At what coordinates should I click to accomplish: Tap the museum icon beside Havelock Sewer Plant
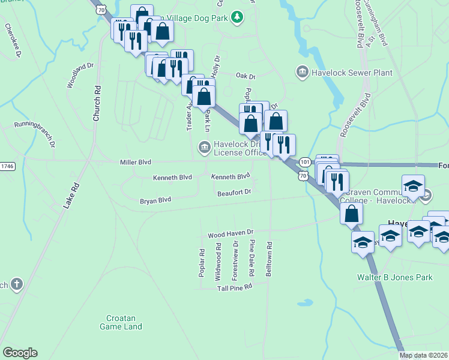click(303, 73)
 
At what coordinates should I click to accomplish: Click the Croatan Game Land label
click(121, 322)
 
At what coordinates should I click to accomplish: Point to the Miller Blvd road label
click(135, 162)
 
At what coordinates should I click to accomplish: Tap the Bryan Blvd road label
click(155, 200)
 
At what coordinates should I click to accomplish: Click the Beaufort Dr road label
click(234, 191)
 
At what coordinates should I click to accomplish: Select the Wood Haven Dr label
click(231, 233)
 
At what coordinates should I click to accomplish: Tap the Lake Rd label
click(71, 196)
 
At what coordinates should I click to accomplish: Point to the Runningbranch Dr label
click(35, 136)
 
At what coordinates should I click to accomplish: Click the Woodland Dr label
click(80, 75)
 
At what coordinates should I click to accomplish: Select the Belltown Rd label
click(270, 259)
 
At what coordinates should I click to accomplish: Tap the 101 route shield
click(305, 162)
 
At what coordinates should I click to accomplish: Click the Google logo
click(20, 353)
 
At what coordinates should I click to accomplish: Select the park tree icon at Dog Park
click(237, 17)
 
